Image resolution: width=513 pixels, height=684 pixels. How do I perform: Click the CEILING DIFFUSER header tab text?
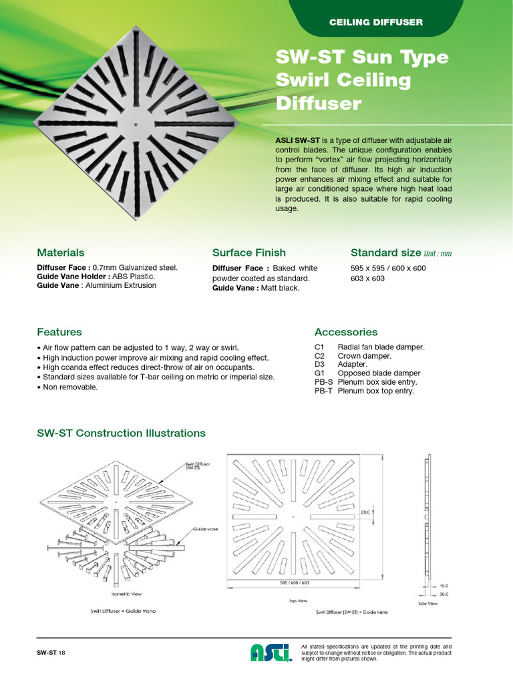click(376, 23)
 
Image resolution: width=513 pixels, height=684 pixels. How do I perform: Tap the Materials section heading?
click(61, 252)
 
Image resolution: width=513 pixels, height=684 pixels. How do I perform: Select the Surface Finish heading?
click(248, 252)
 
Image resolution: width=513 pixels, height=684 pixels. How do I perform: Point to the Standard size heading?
click(385, 252)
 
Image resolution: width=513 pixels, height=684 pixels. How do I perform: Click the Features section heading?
click(59, 332)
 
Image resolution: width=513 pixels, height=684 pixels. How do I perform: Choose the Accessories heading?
click(345, 332)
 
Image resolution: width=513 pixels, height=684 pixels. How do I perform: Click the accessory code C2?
click(319, 356)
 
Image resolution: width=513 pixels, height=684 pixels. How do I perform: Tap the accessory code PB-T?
click(323, 391)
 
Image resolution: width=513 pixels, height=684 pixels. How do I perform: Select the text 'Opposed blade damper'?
click(379, 373)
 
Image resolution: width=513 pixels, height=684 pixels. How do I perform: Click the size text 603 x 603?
click(367, 279)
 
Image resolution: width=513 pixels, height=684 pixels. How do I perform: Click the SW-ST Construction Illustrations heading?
click(121, 433)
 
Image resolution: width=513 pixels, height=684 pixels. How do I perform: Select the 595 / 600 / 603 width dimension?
click(295, 583)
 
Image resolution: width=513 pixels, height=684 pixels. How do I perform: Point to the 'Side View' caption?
click(427, 603)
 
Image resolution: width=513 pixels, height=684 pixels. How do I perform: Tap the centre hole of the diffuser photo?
click(136, 124)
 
